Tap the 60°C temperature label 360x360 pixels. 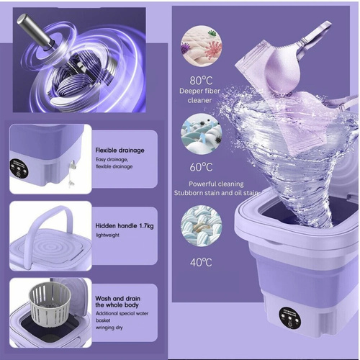[201, 167]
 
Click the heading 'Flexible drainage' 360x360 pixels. [120, 150]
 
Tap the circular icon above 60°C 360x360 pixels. [201, 136]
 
